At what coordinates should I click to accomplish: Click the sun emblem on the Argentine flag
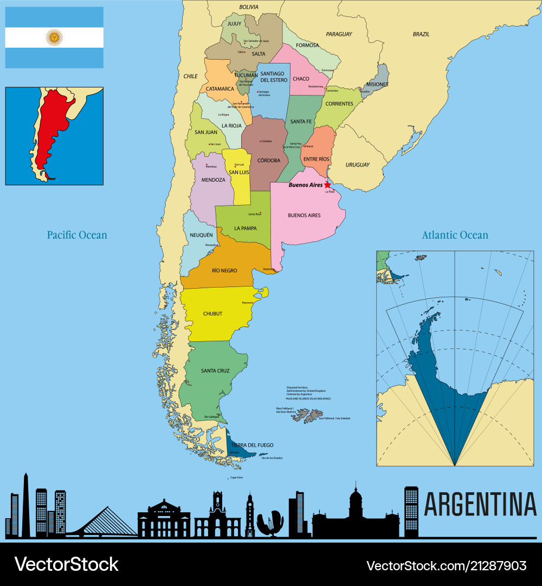[54, 37]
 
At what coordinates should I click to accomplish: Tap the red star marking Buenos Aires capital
[327, 184]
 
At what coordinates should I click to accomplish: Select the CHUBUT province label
[212, 314]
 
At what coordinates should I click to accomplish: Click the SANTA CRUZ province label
[215, 371]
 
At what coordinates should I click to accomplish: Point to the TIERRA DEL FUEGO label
[252, 445]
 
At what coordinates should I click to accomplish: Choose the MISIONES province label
[377, 84]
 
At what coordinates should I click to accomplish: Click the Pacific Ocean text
[77, 235]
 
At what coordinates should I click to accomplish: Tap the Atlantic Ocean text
[455, 235]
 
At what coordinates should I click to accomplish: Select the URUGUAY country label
[357, 164]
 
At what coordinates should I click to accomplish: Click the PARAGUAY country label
[339, 34]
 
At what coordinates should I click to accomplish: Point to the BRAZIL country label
[421, 34]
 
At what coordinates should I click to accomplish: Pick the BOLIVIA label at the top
[249, 7]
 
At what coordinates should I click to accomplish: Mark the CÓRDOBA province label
[269, 160]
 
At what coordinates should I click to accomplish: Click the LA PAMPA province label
[246, 228]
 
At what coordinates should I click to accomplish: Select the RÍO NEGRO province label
[224, 270]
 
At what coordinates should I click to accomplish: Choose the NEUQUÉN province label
[201, 235]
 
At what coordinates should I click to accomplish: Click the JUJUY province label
[234, 24]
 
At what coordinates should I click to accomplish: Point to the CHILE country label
[190, 77]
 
